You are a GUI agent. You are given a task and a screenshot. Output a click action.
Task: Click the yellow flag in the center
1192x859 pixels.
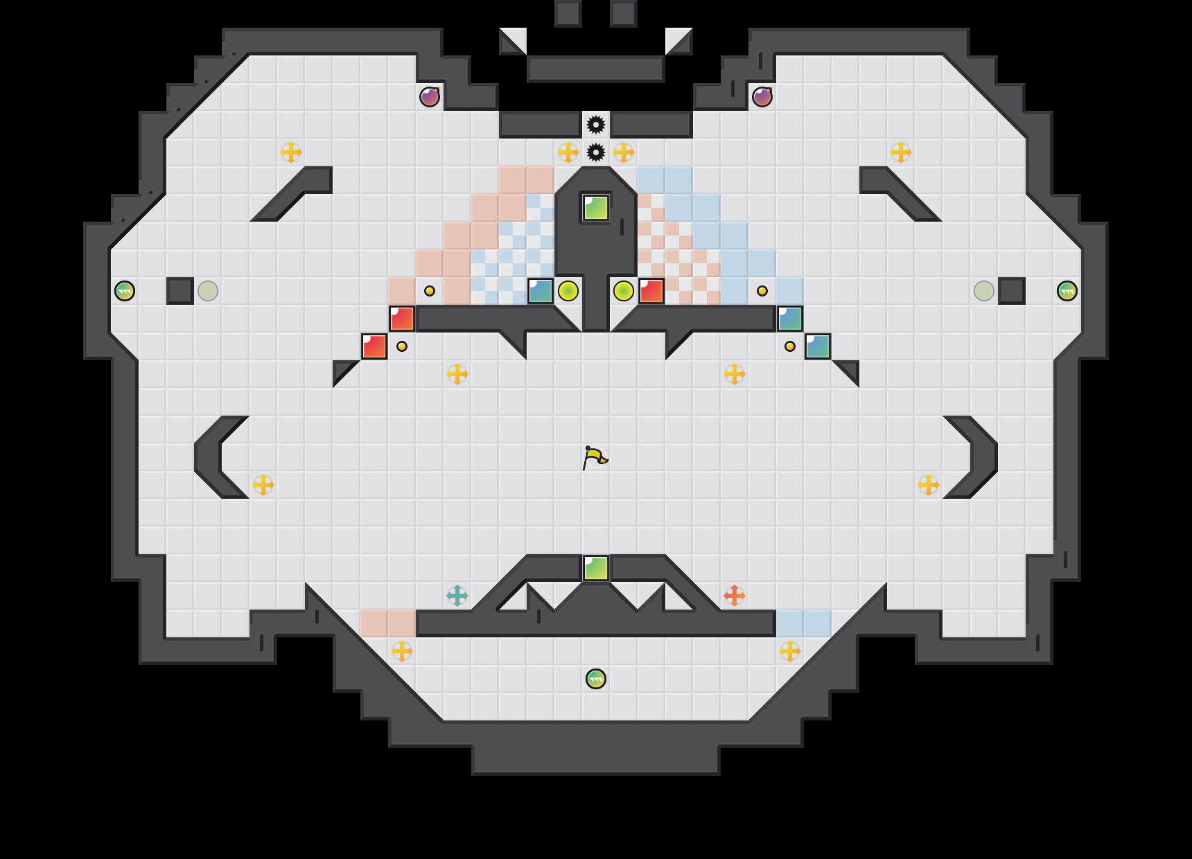tap(595, 457)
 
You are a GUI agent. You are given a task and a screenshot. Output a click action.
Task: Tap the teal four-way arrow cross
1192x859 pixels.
tap(457, 595)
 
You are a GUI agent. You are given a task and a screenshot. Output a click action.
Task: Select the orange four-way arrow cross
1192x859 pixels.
tap(735, 595)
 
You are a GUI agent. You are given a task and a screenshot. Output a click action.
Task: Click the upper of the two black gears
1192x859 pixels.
tap(596, 125)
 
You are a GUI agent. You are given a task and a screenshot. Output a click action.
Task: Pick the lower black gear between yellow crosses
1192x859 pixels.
tap(596, 152)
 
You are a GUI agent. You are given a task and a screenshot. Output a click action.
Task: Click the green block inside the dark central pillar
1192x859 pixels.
tap(596, 208)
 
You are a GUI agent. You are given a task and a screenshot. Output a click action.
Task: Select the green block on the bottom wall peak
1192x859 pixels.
tap(596, 568)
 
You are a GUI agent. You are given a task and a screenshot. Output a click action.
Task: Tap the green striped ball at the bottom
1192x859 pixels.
tap(596, 679)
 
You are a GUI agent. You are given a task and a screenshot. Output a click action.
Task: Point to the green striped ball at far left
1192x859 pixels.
tap(125, 291)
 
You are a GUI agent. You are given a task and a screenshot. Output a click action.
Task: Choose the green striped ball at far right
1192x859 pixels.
tap(1067, 291)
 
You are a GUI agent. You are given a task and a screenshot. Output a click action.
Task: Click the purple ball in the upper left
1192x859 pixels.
tap(430, 97)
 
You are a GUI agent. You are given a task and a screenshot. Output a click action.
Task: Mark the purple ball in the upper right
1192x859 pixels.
tap(762, 97)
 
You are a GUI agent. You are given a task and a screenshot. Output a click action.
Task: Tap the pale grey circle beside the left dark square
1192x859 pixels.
tap(208, 291)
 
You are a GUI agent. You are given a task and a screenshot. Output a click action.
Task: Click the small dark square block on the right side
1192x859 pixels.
tap(1012, 291)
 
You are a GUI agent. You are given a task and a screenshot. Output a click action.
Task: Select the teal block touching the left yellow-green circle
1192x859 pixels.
tap(541, 291)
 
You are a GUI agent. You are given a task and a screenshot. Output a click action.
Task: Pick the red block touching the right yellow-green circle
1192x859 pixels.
tap(651, 291)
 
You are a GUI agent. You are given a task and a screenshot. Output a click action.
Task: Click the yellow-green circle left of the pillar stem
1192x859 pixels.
tap(568, 291)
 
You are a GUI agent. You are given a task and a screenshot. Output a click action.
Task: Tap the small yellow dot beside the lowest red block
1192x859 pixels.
tap(402, 346)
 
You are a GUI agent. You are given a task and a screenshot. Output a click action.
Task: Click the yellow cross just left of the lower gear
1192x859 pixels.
tap(568, 152)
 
